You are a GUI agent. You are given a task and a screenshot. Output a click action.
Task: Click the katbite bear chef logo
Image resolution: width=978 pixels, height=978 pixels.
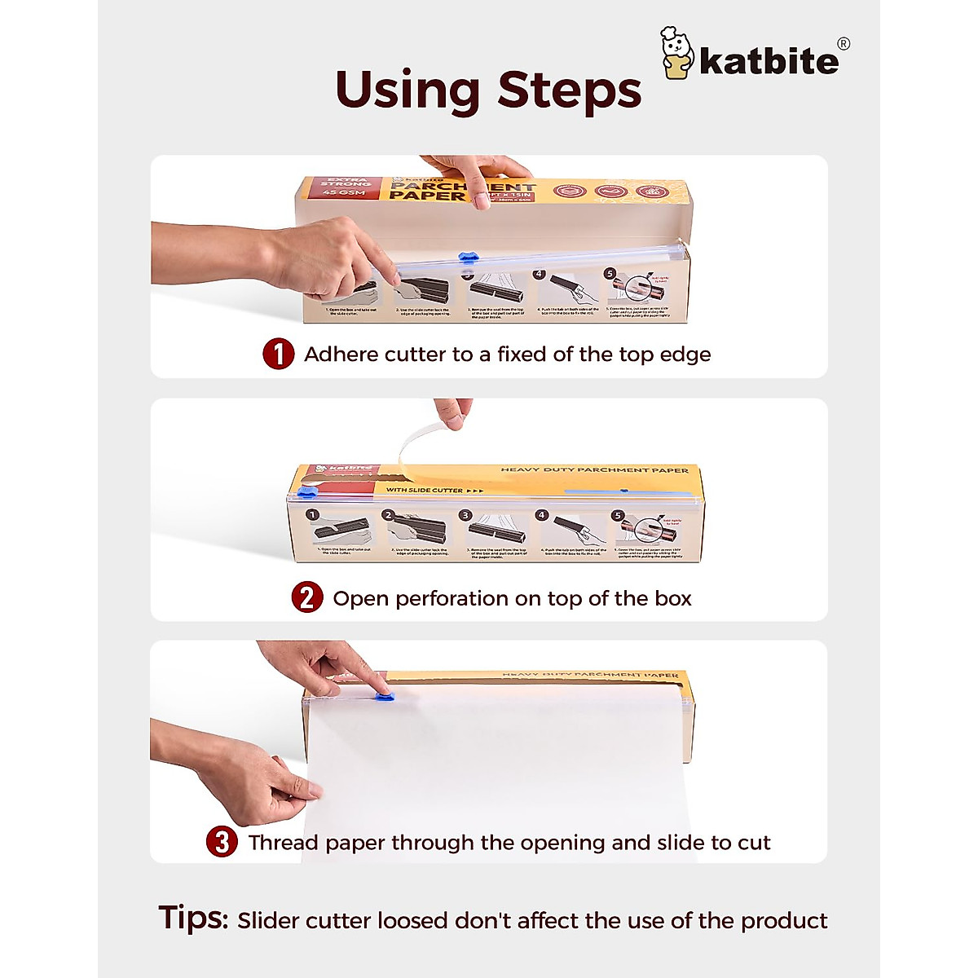677,54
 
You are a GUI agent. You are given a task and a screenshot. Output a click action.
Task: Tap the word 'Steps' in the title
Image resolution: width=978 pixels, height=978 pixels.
569,90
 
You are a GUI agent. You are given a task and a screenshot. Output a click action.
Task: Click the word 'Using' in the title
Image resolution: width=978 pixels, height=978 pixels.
407,91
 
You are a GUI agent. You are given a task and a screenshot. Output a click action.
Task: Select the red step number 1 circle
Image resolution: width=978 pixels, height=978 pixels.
279,355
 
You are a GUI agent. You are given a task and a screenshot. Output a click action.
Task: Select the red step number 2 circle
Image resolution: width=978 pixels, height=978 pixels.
307,598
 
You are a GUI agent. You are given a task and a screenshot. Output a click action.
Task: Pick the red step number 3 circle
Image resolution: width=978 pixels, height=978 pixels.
222,842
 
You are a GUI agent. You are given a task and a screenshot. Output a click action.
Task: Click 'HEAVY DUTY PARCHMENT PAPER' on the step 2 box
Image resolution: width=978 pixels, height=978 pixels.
594,470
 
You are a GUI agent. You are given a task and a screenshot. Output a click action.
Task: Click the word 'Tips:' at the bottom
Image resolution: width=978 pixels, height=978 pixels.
193,918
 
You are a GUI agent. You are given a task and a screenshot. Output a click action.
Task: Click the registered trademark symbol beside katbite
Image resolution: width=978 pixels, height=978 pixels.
844,44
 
